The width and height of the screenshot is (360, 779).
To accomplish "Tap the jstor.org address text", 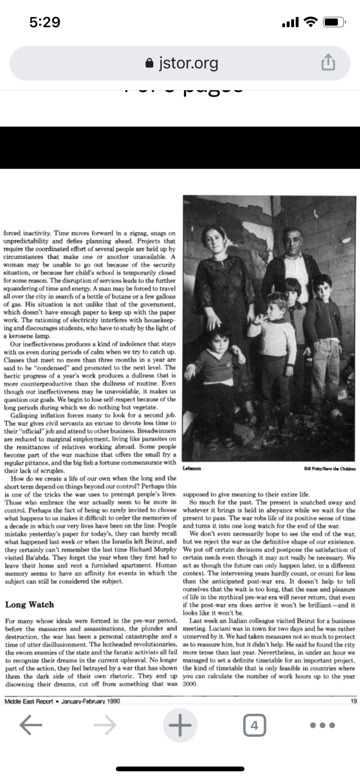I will point(188,63).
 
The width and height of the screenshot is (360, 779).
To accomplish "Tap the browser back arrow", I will point(30,725).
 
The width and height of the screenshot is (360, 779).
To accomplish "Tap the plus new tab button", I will point(180,725).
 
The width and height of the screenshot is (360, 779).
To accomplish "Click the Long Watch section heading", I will point(29,604).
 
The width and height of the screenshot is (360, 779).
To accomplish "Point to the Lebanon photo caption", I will point(192,469).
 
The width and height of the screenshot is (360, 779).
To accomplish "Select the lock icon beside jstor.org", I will point(150,64).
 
